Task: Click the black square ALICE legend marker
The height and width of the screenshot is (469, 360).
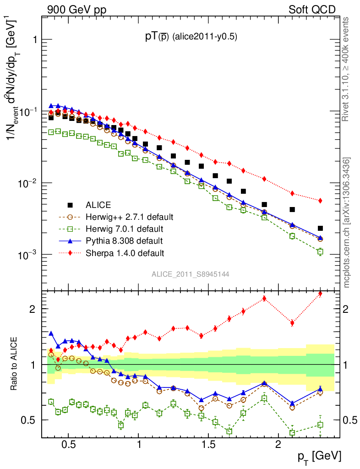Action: [70, 205]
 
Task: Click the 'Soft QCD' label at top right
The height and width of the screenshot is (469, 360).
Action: [312, 10]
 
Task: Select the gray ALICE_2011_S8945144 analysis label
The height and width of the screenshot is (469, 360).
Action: [191, 274]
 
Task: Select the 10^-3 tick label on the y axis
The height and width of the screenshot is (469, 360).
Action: [26, 255]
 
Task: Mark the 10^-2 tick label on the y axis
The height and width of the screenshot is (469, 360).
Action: [26, 183]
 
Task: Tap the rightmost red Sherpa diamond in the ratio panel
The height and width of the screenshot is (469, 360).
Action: [320, 294]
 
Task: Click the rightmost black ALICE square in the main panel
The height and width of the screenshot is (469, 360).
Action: [320, 228]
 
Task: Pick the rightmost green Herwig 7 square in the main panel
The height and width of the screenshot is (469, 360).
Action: [320, 251]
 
